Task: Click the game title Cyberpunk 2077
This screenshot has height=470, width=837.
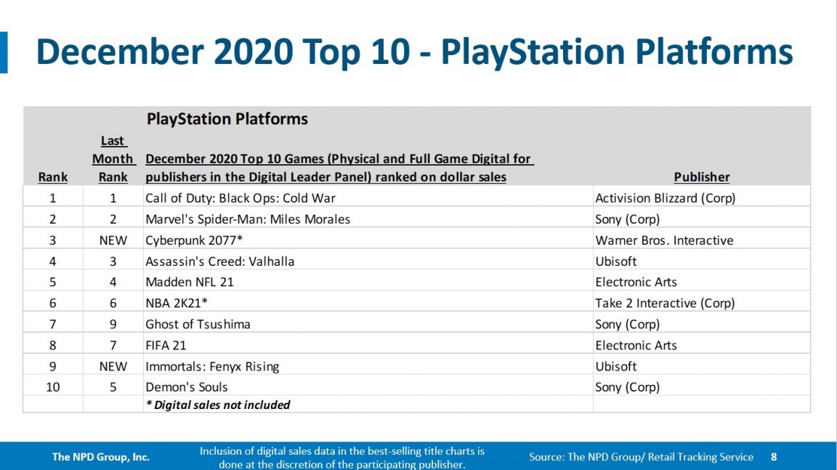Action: [x=185, y=240]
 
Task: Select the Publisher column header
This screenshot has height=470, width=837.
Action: [x=701, y=177]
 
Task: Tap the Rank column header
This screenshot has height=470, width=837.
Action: [x=53, y=177]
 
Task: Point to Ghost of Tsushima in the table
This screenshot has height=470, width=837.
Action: [x=198, y=325]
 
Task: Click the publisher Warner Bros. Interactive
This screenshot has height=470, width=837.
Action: [x=664, y=240]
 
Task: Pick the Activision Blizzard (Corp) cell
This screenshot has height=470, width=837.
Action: [x=665, y=198]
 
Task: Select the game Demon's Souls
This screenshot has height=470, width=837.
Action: [x=187, y=387]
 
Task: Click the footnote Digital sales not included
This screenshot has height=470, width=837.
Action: [x=218, y=405]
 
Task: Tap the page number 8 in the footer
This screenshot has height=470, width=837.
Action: [x=774, y=457]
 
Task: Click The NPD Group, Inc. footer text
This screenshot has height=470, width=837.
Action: [x=100, y=457]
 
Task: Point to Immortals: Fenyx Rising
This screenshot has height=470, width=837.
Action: [x=212, y=367]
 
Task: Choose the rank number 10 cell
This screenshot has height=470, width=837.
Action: [x=53, y=387]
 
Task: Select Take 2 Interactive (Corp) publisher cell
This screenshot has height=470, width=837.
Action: [x=665, y=304]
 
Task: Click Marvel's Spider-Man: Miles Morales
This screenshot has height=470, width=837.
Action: [x=248, y=219]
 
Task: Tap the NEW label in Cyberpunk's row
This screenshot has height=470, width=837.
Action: [x=113, y=240]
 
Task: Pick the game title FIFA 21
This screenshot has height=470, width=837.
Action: [x=166, y=346]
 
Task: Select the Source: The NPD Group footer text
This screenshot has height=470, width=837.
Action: [x=641, y=457]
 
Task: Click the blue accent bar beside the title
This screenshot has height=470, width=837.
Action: [x=4, y=52]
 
